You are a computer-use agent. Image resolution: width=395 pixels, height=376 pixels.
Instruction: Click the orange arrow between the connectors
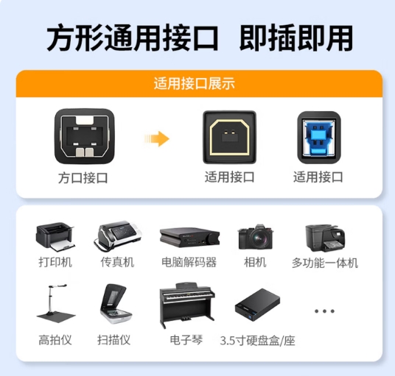(x=157, y=138)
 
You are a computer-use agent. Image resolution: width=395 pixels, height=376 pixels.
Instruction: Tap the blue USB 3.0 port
(x=319, y=138)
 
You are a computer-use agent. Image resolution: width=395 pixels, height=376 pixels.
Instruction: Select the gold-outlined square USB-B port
(x=229, y=137)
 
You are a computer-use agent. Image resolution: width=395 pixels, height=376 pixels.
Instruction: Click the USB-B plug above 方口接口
(x=85, y=137)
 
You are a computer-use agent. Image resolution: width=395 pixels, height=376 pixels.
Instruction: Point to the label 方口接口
(x=83, y=178)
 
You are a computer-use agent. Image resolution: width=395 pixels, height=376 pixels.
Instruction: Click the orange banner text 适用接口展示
(x=195, y=84)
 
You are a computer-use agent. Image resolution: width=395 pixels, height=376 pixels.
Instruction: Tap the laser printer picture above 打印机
(x=55, y=237)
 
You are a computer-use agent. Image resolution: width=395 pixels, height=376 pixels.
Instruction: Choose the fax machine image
(x=117, y=236)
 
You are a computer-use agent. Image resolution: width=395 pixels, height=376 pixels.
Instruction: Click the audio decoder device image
(x=189, y=238)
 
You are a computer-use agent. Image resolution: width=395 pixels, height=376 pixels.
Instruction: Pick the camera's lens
(x=257, y=238)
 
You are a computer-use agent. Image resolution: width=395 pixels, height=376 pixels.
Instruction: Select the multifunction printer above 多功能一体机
(x=325, y=238)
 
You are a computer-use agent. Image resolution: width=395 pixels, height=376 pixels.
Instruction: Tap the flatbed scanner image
(x=116, y=305)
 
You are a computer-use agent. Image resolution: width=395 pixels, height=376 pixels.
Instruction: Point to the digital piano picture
(x=187, y=305)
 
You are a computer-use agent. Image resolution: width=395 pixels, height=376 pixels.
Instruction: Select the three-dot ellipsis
(x=324, y=311)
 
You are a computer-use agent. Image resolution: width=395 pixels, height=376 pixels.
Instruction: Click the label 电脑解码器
(x=189, y=263)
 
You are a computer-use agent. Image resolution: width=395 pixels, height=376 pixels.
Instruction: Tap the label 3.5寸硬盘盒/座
(x=257, y=341)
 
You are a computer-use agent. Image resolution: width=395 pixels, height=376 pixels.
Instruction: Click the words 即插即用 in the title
(x=296, y=38)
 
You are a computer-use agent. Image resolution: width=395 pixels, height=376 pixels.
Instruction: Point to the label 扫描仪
(x=114, y=340)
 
